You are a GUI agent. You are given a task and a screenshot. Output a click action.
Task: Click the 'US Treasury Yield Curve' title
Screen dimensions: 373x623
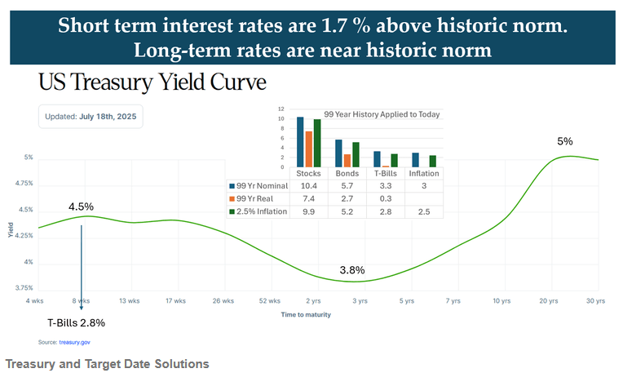[x=152, y=82]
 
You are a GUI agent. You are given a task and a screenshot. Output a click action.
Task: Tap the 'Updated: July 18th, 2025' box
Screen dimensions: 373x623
[x=91, y=117]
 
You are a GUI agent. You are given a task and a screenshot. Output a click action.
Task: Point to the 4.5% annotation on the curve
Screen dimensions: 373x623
[x=82, y=206]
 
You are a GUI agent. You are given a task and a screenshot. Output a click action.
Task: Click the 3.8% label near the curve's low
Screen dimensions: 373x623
[x=351, y=270]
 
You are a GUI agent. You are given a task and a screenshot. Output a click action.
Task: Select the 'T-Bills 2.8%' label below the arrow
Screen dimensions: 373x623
[x=76, y=322]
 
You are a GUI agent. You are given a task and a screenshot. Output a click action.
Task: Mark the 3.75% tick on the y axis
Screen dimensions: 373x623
[x=24, y=287]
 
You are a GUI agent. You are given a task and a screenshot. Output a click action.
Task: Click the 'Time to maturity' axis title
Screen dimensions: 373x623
[x=306, y=314]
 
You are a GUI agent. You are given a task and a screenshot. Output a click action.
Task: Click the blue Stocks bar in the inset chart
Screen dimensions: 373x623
[x=300, y=141]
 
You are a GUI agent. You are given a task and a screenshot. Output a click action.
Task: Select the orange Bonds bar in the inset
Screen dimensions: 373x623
[x=347, y=160]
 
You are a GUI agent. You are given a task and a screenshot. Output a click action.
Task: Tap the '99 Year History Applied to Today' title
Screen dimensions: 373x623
[x=382, y=114]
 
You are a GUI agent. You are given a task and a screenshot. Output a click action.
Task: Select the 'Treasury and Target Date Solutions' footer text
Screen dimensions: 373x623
[x=107, y=363]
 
